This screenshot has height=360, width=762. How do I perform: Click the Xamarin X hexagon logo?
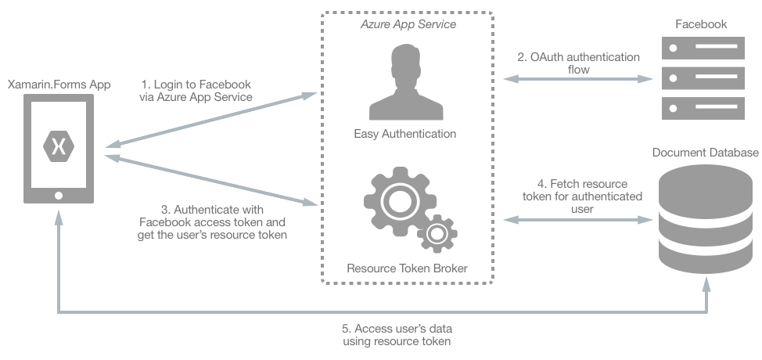pos(59,146)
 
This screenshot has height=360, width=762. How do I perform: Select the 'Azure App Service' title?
pos(408,24)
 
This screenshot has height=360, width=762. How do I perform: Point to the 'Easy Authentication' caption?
pos(405,134)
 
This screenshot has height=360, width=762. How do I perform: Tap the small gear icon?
pos(437,233)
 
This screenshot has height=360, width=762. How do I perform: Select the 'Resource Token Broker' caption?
pos(407,268)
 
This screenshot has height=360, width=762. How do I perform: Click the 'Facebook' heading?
pos(701,24)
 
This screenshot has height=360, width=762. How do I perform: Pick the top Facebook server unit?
pos(701,50)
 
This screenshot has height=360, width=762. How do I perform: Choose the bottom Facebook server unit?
pos(701,106)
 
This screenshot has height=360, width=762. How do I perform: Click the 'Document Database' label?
pos(705,152)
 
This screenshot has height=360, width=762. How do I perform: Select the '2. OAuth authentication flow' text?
pos(578,63)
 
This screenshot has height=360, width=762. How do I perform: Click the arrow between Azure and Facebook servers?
pos(578,78)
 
